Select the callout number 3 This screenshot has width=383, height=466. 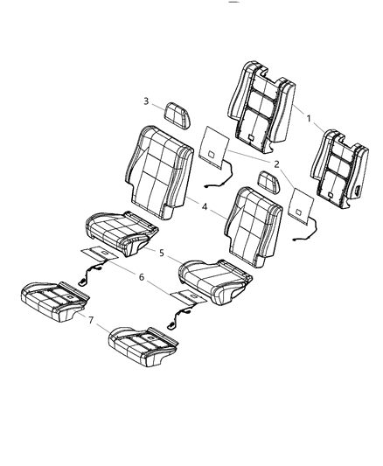(x=147, y=101)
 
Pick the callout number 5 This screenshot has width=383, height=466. (x=162, y=252)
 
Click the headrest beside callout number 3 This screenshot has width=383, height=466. (x=178, y=114)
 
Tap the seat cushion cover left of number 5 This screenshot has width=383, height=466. (x=120, y=233)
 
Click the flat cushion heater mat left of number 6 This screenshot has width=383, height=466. (x=104, y=256)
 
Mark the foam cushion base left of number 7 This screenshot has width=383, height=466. (x=54, y=299)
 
